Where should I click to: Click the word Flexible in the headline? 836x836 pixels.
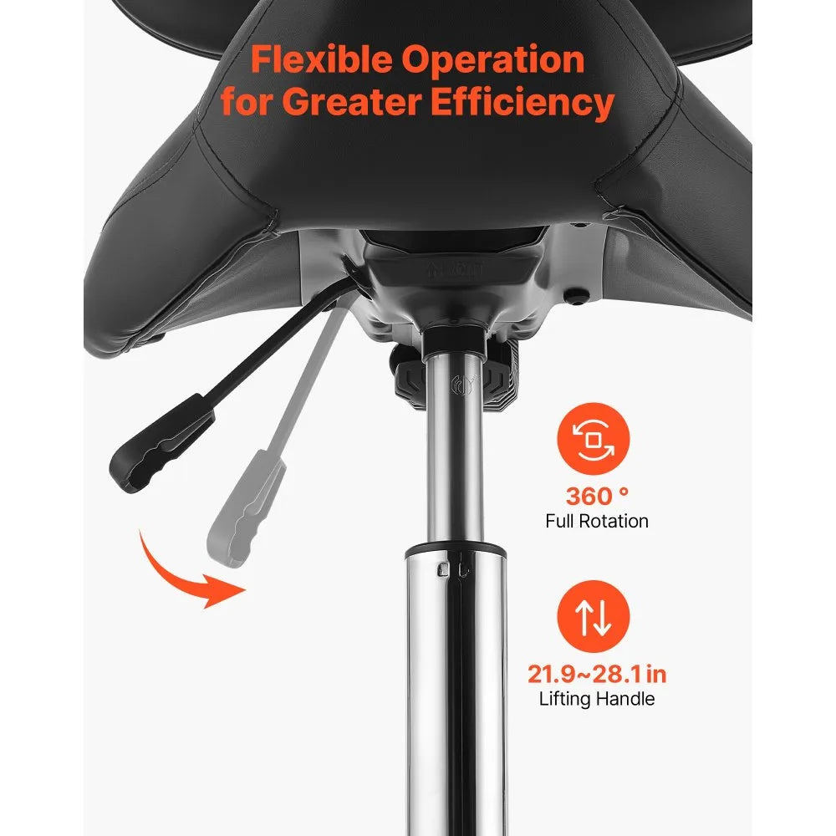click(x=322, y=59)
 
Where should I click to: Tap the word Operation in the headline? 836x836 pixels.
click(x=492, y=60)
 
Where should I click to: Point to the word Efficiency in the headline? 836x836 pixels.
click(x=522, y=102)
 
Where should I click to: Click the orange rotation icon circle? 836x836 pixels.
click(x=593, y=439)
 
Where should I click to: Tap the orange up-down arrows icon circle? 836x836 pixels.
click(x=593, y=616)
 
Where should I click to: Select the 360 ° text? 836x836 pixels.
click(x=597, y=497)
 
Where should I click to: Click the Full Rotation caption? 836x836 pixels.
click(x=597, y=521)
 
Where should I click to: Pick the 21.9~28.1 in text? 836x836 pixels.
click(x=597, y=674)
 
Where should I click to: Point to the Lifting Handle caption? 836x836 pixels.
click(x=597, y=698)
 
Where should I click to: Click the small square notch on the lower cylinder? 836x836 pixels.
click(x=442, y=569)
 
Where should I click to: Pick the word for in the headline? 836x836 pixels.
click(x=247, y=101)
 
